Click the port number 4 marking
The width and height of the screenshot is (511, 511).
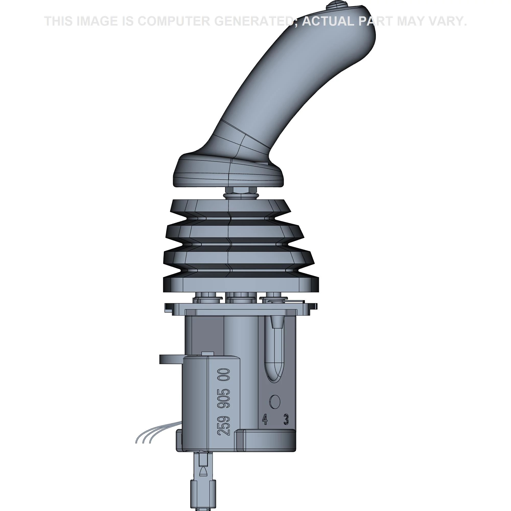point(264,420)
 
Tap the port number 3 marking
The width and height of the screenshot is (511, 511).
point(286,420)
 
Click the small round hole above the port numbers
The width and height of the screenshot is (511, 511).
point(275,402)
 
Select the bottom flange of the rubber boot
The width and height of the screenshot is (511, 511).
point(241,284)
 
